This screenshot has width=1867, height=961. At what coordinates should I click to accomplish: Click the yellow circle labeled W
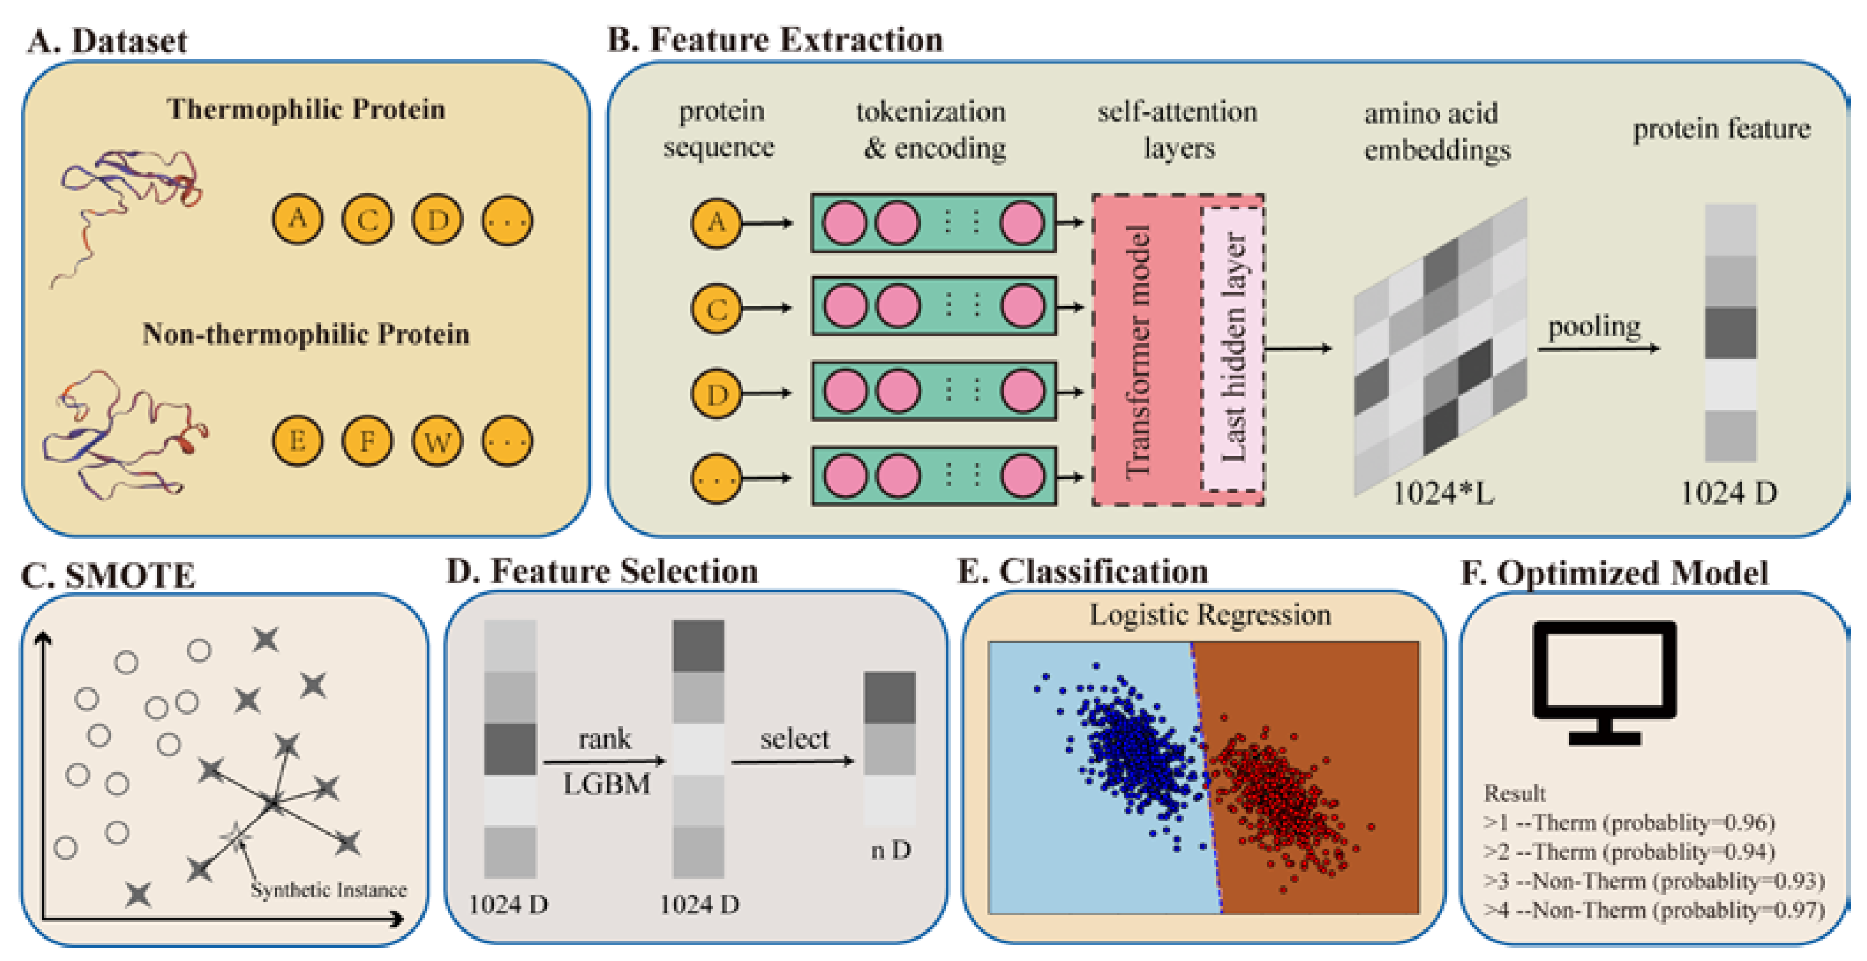coord(437,441)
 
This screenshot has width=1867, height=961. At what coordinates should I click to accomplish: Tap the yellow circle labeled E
coord(297,441)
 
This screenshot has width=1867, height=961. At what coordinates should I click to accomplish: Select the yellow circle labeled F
coord(367,441)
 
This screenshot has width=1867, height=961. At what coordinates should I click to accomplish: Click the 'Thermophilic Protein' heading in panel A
coord(306,110)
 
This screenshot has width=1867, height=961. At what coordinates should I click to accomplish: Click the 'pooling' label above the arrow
coord(1595,328)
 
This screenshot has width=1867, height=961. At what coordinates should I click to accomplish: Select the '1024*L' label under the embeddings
coord(1443,494)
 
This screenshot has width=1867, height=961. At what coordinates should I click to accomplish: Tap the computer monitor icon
coord(1604,682)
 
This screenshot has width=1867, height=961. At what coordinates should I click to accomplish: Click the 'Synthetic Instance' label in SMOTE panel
coord(328,889)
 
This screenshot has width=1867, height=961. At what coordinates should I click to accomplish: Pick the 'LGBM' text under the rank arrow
coord(607,784)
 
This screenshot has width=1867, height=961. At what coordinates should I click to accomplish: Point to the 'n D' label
coord(891,850)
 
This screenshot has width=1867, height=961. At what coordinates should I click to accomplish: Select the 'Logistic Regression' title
coord(1211,614)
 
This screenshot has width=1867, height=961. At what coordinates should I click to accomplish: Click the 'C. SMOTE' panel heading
coord(108,576)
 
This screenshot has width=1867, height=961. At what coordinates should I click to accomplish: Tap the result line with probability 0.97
coord(1654,910)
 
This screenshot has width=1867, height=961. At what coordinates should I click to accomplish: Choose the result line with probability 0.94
coord(1629,851)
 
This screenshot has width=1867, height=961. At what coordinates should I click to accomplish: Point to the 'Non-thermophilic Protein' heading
coord(306,334)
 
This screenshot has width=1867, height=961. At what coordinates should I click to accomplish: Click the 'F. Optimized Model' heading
coord(1615,573)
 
